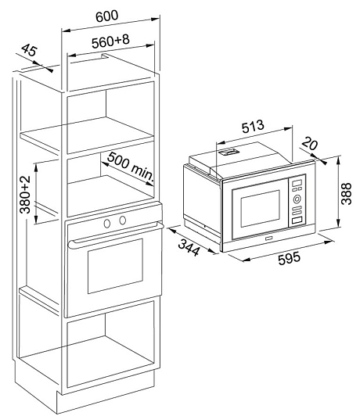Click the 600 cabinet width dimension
(106, 16)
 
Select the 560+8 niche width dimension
(110, 41)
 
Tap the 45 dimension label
(29, 50)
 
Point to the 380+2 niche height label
(26, 195)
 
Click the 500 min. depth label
(131, 167)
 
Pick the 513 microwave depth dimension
(253, 127)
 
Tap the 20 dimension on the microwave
(310, 143)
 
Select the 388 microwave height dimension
(346, 193)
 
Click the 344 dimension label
(189, 247)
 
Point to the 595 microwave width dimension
(290, 258)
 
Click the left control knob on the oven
(107, 224)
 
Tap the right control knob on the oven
(122, 220)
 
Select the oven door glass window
(115, 266)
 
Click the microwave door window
(260, 208)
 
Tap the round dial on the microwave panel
(297, 199)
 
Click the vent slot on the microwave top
(229, 152)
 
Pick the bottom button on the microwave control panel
(297, 221)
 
